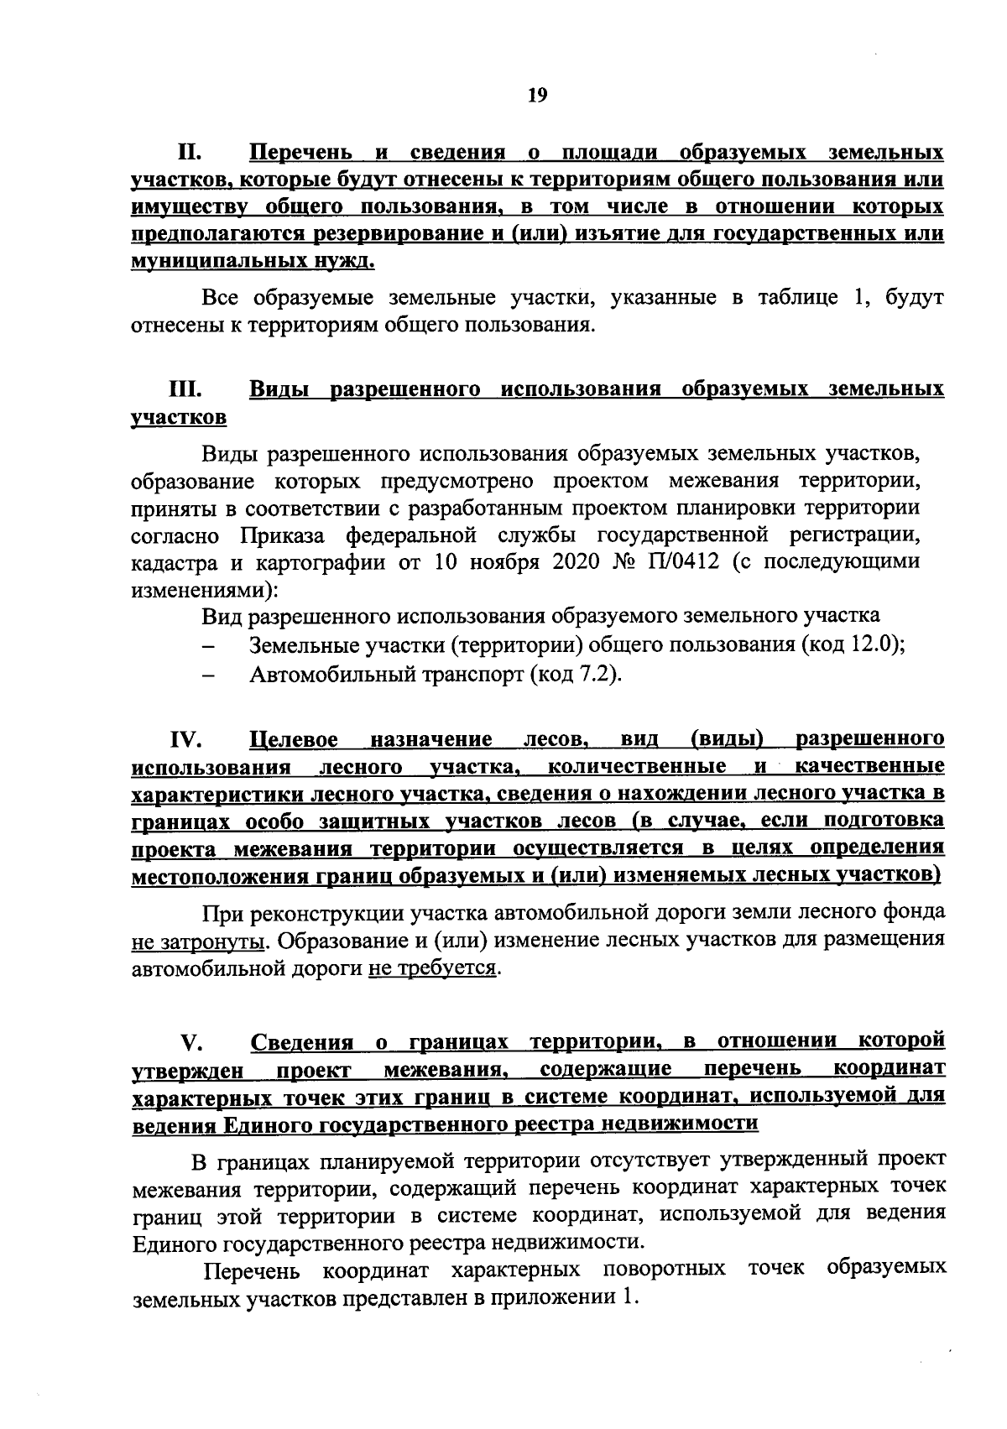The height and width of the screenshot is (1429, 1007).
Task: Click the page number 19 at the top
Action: (537, 95)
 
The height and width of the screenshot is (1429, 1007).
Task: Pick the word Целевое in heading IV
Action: (295, 739)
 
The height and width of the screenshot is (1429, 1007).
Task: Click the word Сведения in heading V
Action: (302, 1042)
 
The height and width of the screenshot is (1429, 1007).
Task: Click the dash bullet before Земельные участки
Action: (210, 646)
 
